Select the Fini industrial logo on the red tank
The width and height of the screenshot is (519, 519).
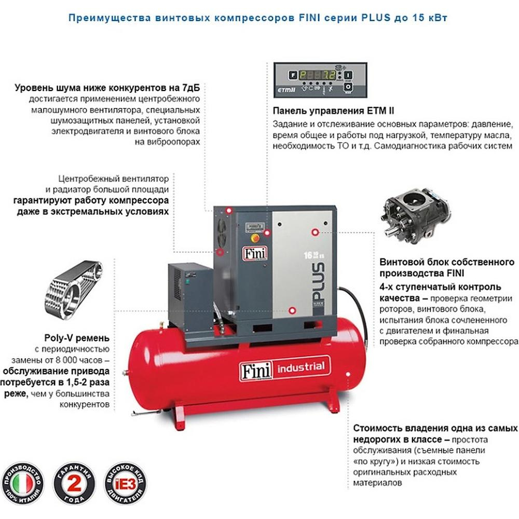pos(284,368)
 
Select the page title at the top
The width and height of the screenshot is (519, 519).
pos(258,18)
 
